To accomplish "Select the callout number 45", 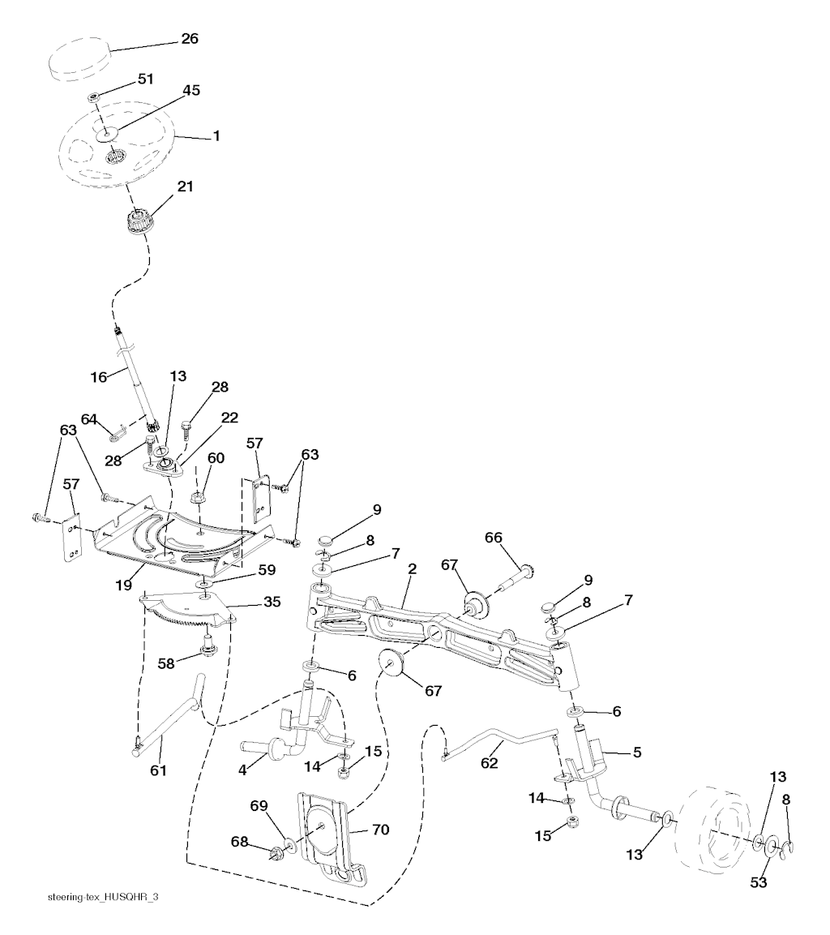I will (191, 90).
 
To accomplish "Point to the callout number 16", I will (97, 376).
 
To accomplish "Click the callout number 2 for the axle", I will (412, 569).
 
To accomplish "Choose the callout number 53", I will (758, 882).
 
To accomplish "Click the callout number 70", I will (380, 830).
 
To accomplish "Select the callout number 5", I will (636, 752).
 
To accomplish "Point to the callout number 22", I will (229, 417).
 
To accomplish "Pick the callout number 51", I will (146, 79).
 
